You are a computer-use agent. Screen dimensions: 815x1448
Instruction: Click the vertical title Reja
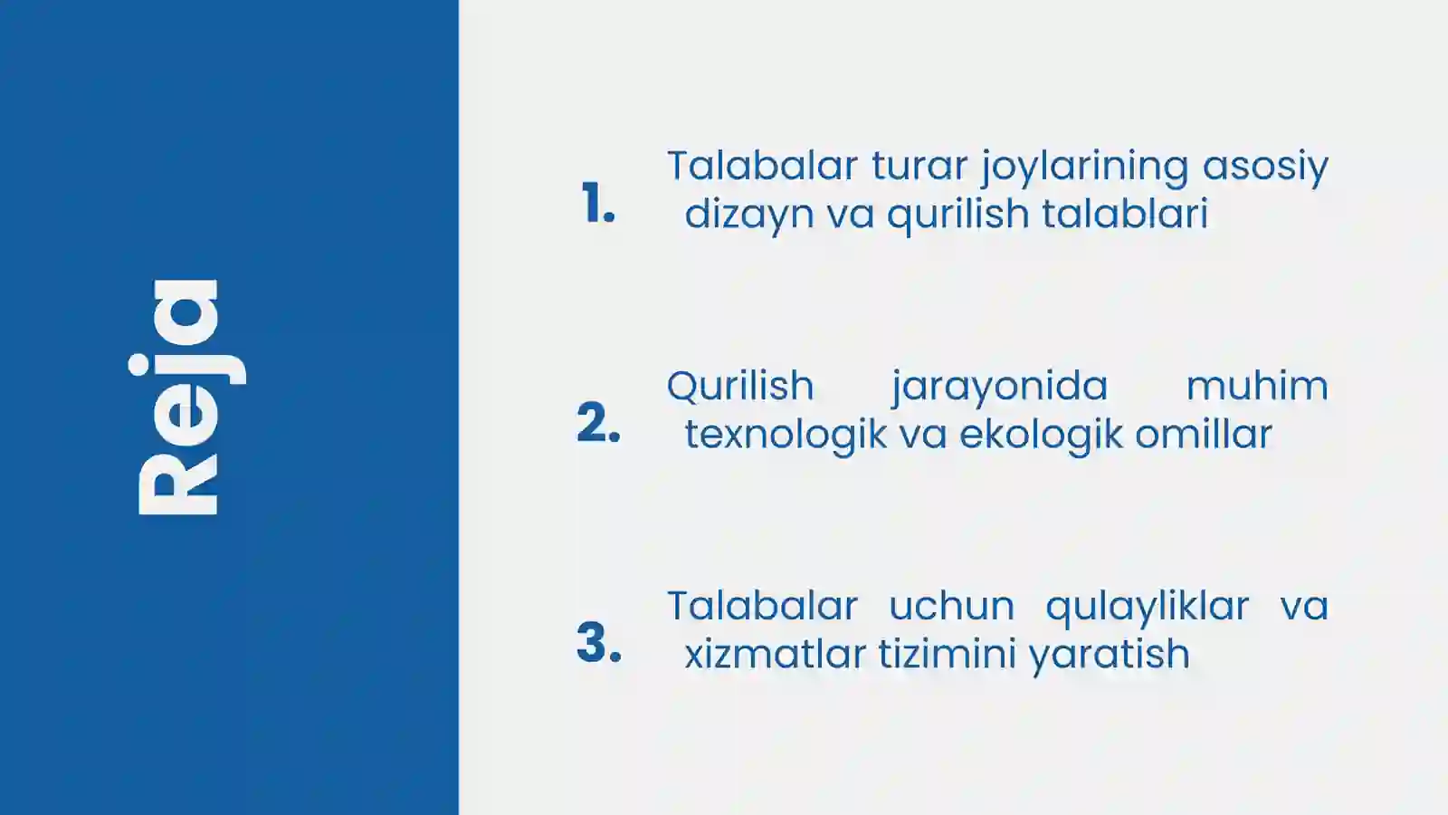[186, 398]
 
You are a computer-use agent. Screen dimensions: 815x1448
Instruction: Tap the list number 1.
[597, 203]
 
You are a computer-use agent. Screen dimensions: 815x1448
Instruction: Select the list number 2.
[598, 423]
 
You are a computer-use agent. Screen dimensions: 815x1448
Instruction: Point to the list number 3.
[598, 643]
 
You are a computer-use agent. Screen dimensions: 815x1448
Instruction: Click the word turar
[919, 166]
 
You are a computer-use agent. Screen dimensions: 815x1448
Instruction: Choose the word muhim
[1257, 386]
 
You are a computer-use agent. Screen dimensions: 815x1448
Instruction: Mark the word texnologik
[786, 435]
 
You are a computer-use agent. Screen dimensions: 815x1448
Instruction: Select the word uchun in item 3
[951, 606]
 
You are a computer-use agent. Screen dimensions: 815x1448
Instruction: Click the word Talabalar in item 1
[762, 166]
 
